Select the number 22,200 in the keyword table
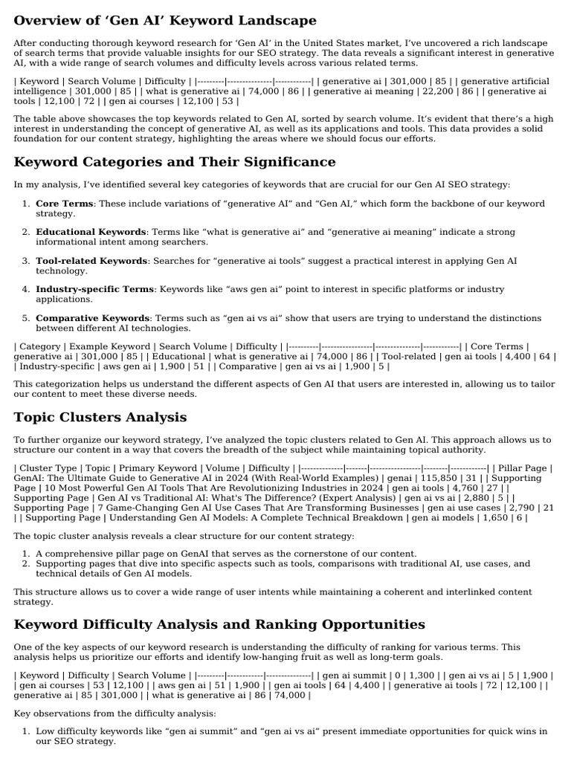[441, 91]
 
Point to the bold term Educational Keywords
[91, 233]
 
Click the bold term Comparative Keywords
[93, 318]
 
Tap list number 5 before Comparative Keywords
[25, 318]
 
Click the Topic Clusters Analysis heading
[100, 417]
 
